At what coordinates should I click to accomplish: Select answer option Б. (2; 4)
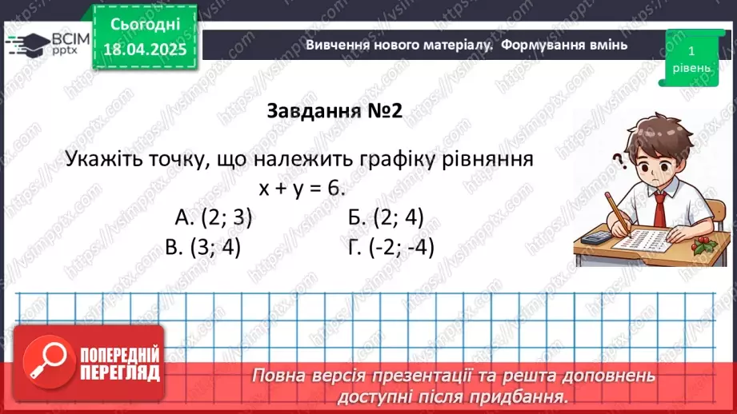(386, 217)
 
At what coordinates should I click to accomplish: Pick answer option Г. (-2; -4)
(391, 247)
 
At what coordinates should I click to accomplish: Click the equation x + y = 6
(301, 188)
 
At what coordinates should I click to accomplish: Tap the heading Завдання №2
(333, 111)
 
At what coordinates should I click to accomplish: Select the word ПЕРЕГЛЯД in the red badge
(119, 372)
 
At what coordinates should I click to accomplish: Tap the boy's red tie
(658, 209)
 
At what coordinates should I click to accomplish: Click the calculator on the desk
(595, 237)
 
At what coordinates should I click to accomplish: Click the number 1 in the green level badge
(690, 50)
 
